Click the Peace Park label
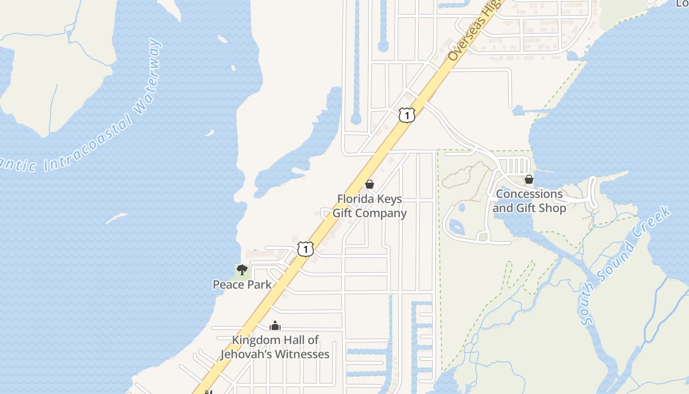tap(242, 284)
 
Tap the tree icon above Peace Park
tap(242, 270)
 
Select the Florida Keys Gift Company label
tap(369, 206)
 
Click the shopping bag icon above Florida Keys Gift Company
tap(370, 184)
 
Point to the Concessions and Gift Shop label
tap(529, 200)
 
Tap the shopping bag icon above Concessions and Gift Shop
tap(529, 179)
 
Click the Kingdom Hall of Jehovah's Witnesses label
tap(275, 347)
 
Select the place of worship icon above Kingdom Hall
tap(275, 326)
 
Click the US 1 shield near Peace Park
tap(306, 249)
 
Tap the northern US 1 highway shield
tap(407, 115)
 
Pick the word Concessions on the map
tap(529, 194)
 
